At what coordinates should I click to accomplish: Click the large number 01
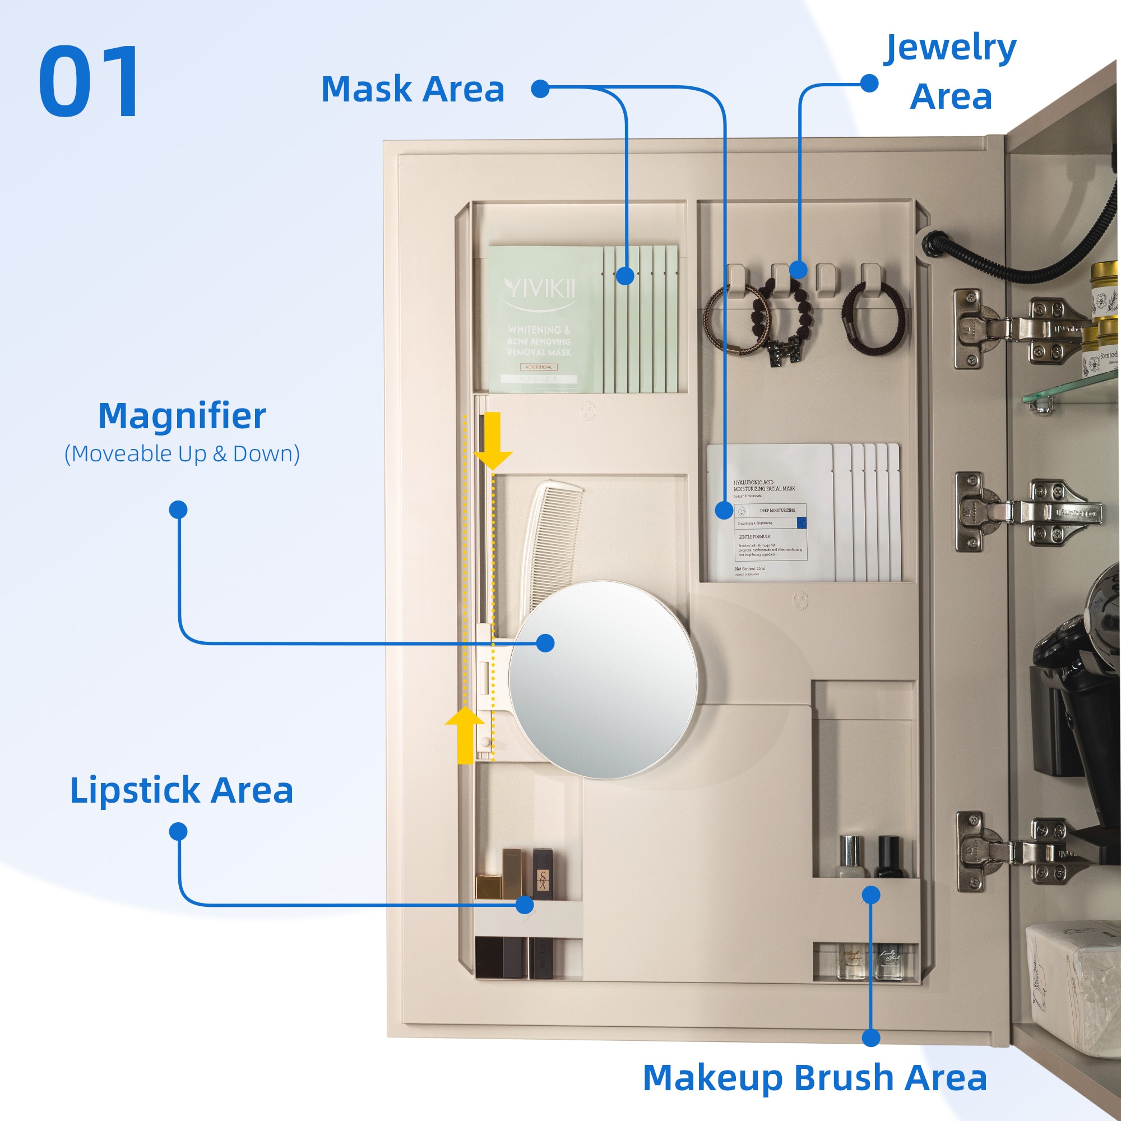pyautogui.click(x=90, y=81)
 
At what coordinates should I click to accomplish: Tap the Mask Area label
pyautogui.click(x=413, y=89)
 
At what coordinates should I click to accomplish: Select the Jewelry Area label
pyautogui.click(x=950, y=72)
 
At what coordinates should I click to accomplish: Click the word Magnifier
pyautogui.click(x=182, y=416)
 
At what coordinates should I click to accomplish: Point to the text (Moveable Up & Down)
pyautogui.click(x=182, y=454)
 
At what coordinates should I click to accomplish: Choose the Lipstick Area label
pyautogui.click(x=182, y=790)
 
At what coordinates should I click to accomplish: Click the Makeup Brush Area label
pyautogui.click(x=814, y=1078)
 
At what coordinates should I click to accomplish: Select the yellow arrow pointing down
pyautogui.click(x=493, y=440)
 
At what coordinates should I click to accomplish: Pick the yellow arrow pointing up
pyautogui.click(x=465, y=735)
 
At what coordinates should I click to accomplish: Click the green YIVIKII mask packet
pyautogui.click(x=540, y=319)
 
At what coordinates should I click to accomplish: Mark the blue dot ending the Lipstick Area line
pyautogui.click(x=525, y=905)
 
